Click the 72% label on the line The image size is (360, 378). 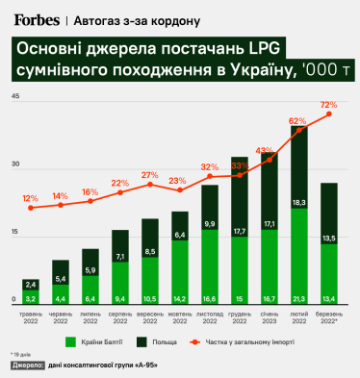coord(328,104)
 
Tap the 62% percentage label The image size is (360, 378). coord(297,121)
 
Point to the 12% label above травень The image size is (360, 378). coord(31,198)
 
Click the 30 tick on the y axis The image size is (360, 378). coord(14,165)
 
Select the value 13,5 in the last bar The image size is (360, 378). coord(328,238)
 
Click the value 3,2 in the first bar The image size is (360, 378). coord(31,298)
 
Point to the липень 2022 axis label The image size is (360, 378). coord(90,316)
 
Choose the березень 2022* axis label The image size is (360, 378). coord(328,316)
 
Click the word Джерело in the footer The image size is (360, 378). coord(28,366)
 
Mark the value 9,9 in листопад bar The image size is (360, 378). coord(209,223)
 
